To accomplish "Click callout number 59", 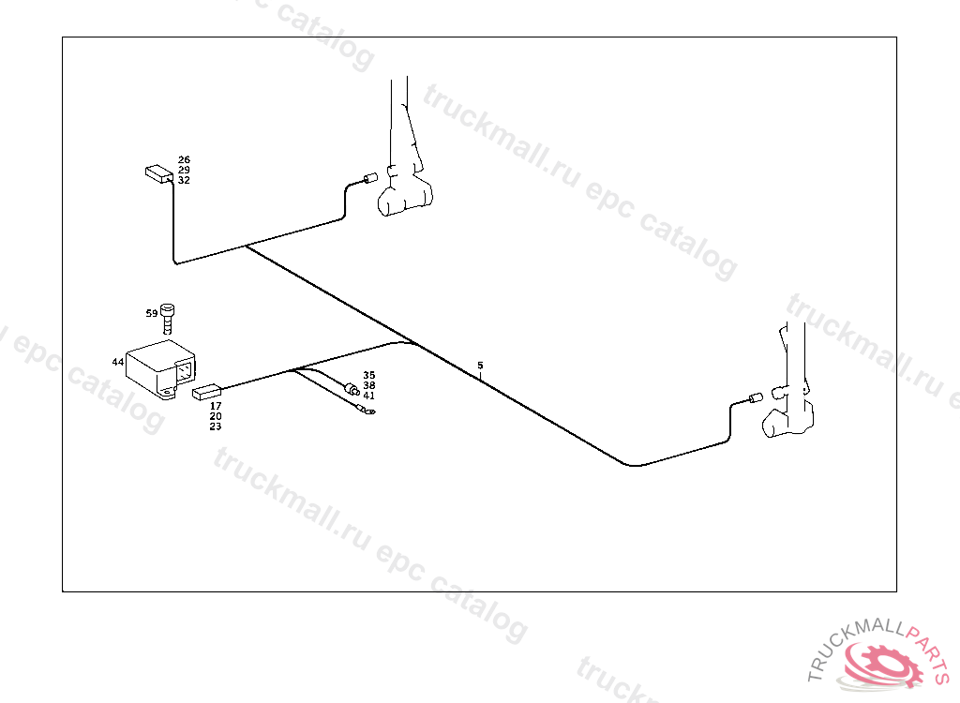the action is [x=152, y=313].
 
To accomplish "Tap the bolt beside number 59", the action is [x=168, y=317].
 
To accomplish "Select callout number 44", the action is [x=117, y=362].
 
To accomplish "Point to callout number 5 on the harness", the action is [x=480, y=365].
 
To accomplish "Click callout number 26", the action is [x=184, y=159].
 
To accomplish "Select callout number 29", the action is [x=184, y=170].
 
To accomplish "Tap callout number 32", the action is [x=184, y=180].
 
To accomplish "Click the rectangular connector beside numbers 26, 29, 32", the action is [x=158, y=173].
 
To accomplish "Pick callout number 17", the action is [x=216, y=406].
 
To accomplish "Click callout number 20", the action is [x=216, y=416].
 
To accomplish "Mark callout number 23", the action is [x=216, y=426].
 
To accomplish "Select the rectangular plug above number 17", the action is [x=205, y=393].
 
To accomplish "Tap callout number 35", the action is [x=369, y=375].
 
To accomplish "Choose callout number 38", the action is [x=369, y=385].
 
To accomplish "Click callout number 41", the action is [x=369, y=396].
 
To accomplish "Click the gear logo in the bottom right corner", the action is [x=881, y=661].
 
